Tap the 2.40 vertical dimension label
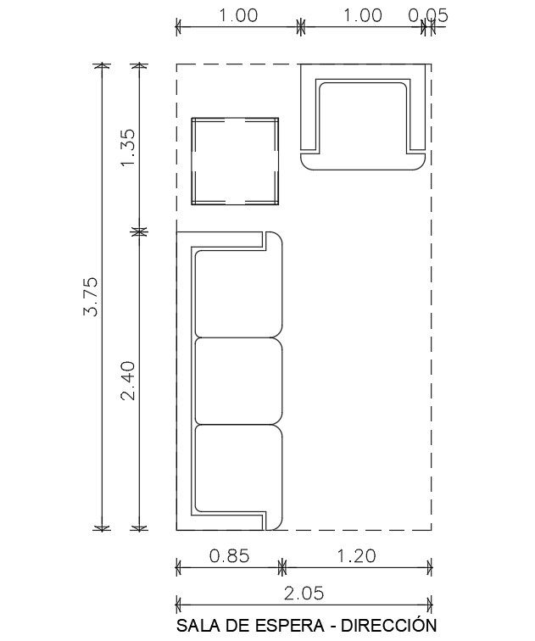tap(129, 381)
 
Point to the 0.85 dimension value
tap(228, 556)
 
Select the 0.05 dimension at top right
tap(427, 15)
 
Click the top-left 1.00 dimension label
tap(238, 15)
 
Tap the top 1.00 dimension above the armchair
tap(361, 15)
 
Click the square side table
tap(235, 160)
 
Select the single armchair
tap(362, 119)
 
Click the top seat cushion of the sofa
tap(237, 293)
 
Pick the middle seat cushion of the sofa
tap(237, 381)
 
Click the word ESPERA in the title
tap(267, 627)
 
